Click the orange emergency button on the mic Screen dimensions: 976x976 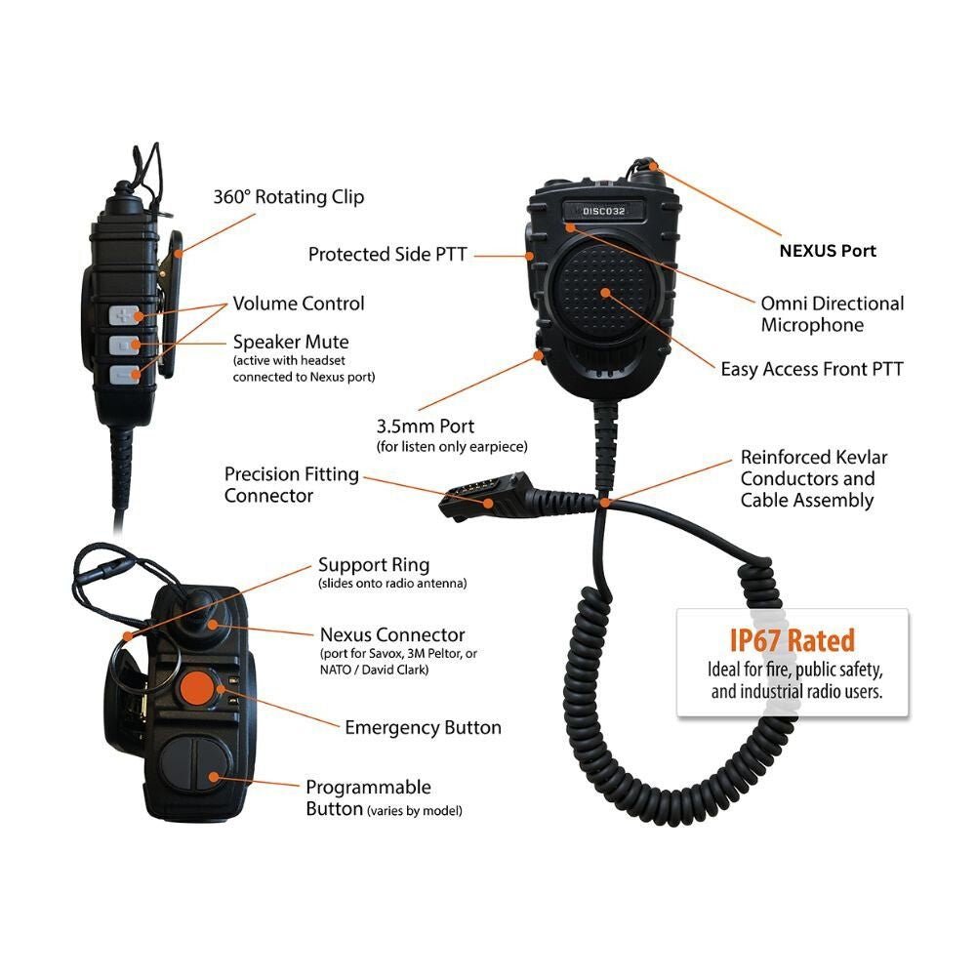199,687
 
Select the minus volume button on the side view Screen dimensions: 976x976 125,374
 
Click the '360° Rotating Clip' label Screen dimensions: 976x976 289,197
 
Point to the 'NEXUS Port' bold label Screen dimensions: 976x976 828,251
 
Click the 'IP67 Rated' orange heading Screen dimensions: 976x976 792,640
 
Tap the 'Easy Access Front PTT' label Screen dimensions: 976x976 812,369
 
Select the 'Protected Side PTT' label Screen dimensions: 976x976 387,255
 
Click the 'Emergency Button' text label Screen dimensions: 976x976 423,727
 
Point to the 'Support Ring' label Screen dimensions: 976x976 374,565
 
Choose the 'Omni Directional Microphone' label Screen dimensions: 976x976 833,314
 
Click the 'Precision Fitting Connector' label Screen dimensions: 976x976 292,485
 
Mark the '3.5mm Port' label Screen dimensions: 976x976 425,427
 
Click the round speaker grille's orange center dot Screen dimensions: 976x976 605,292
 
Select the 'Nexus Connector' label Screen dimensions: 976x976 392,635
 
